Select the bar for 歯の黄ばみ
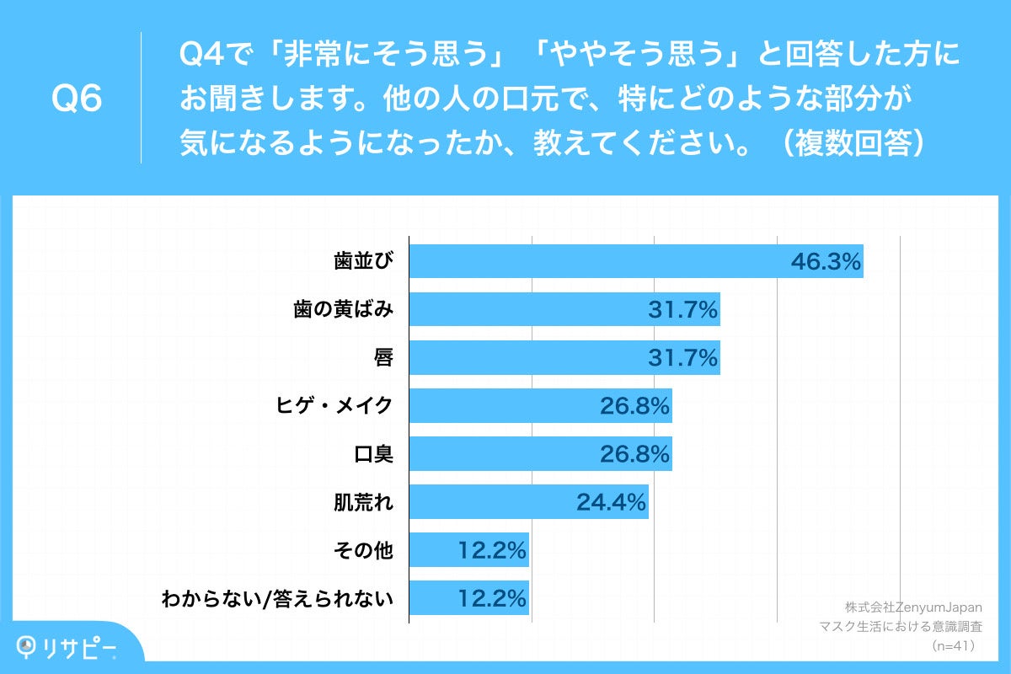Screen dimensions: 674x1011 pos(564,310)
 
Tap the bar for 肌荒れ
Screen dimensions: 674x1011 pos(528,502)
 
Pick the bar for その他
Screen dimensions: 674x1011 pos(468,550)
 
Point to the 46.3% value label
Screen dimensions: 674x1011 pos(826,263)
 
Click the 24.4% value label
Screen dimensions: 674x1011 pos(612,503)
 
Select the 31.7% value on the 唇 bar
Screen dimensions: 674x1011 pos(683,359)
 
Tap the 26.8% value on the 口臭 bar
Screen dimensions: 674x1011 pos(635,455)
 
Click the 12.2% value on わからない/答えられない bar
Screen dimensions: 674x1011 pos(493,599)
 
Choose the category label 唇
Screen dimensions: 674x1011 pos(384,359)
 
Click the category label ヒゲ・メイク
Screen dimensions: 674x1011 pos(336,407)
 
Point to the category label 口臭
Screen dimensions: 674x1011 pos(376,455)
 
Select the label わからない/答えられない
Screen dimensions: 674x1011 pos(278,599)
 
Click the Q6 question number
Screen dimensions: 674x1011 pos(77,99)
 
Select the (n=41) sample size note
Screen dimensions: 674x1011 pos(952,647)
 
